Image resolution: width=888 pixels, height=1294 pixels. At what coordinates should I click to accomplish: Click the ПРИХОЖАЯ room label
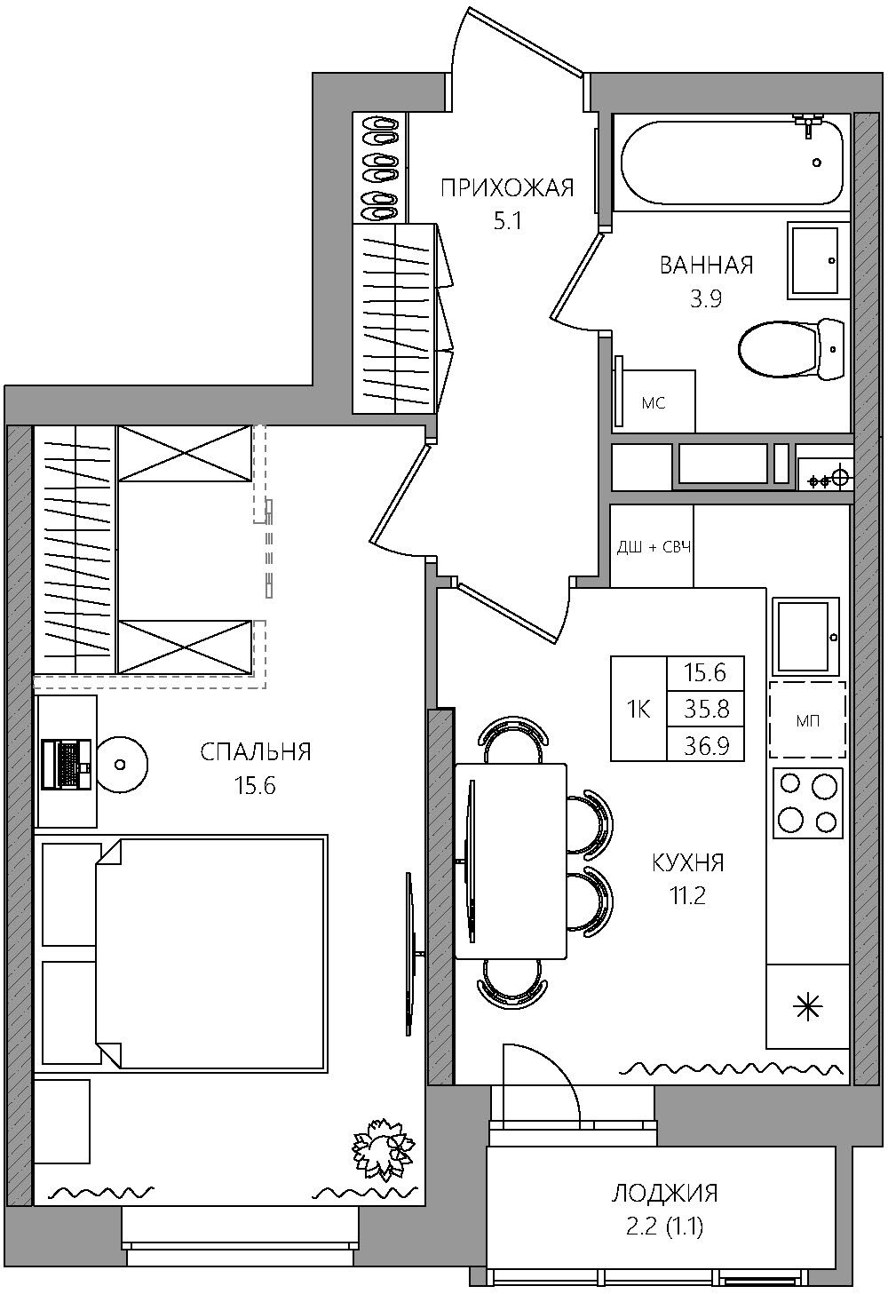coord(507,188)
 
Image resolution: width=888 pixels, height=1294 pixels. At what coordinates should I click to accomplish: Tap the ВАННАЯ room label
coord(706,266)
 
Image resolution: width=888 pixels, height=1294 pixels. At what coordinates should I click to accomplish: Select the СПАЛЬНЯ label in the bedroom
coord(256,751)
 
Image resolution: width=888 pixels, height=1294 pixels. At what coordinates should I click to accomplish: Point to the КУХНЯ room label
coord(687,862)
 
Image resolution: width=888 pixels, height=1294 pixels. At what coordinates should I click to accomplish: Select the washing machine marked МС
coord(654,400)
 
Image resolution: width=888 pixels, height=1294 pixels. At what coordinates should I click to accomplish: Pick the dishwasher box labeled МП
coord(807,719)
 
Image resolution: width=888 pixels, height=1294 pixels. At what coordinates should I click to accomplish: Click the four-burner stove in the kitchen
coord(808,803)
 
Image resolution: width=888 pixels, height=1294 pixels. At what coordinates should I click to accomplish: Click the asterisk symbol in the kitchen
coord(807,1008)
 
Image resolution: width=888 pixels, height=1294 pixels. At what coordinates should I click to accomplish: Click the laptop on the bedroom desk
coord(67,764)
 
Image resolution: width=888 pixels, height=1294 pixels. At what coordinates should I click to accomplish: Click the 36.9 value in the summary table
coord(706,745)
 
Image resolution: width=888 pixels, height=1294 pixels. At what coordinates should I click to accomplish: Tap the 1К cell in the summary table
coord(638,709)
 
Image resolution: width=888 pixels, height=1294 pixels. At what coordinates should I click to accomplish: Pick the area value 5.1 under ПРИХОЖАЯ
coord(507,221)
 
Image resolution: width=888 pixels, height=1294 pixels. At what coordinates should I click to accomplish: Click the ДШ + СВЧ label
coord(654,547)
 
